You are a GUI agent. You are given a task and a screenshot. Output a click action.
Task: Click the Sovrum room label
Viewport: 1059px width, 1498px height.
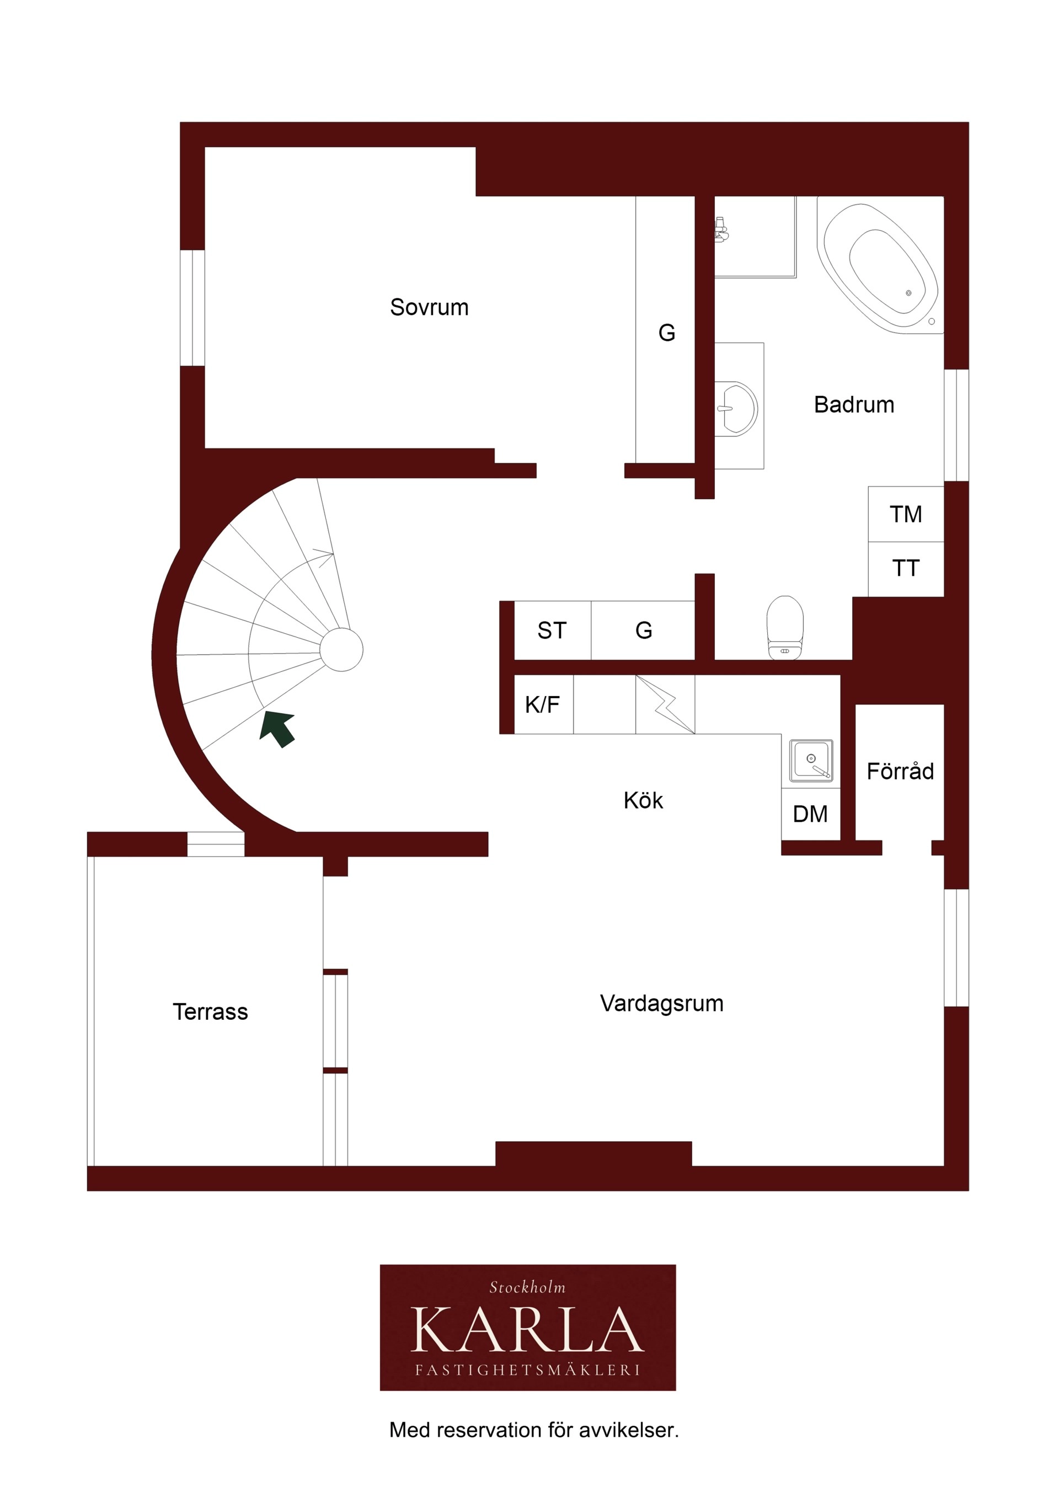tap(429, 307)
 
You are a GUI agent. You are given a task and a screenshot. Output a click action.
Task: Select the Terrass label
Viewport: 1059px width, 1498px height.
tap(210, 1012)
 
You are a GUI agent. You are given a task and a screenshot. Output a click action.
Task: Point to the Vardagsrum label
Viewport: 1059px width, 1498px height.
tap(662, 1003)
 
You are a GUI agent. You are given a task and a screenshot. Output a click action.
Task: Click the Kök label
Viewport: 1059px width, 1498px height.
tap(643, 800)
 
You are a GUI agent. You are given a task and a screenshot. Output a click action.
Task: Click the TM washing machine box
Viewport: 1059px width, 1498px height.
tap(906, 513)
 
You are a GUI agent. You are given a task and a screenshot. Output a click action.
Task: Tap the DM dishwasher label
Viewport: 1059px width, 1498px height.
tap(810, 814)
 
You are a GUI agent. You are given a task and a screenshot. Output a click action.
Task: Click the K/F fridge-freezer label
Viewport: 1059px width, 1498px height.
tap(542, 705)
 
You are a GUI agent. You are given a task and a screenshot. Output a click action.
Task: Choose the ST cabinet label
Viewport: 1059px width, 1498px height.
tap(552, 630)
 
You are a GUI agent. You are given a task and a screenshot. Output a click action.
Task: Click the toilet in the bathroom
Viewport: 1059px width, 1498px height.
tap(784, 627)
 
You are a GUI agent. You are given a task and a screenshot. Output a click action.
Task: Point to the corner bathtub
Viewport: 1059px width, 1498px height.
tap(881, 267)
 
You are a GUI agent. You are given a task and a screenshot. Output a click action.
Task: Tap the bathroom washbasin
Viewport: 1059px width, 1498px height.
tap(737, 409)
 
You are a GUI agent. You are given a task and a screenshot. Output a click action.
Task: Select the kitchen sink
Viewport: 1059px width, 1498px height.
tap(811, 761)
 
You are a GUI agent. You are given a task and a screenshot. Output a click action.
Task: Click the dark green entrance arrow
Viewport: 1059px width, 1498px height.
tap(277, 729)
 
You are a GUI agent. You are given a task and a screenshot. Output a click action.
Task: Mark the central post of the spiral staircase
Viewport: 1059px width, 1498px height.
tap(341, 650)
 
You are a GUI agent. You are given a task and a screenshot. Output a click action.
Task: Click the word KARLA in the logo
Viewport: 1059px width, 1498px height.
tap(527, 1330)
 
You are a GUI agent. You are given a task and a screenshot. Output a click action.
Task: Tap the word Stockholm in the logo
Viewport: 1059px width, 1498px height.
tap(527, 1287)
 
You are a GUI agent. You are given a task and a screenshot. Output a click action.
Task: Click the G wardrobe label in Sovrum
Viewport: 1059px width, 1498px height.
tap(666, 333)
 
